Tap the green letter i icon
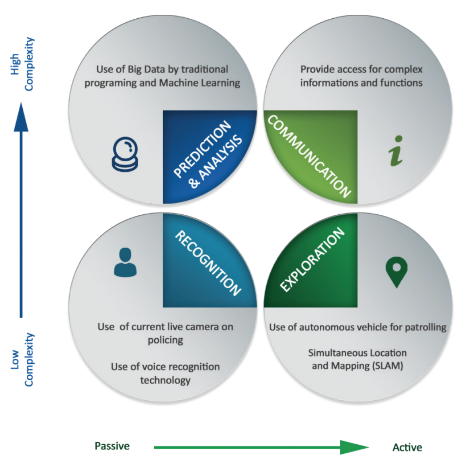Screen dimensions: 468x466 coord(395,156)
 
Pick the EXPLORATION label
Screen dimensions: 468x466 coord(313,260)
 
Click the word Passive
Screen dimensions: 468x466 coord(112,446)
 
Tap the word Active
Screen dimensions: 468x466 coord(407,447)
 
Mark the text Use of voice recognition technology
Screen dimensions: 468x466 coord(165,374)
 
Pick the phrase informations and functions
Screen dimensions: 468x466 coord(361,83)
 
